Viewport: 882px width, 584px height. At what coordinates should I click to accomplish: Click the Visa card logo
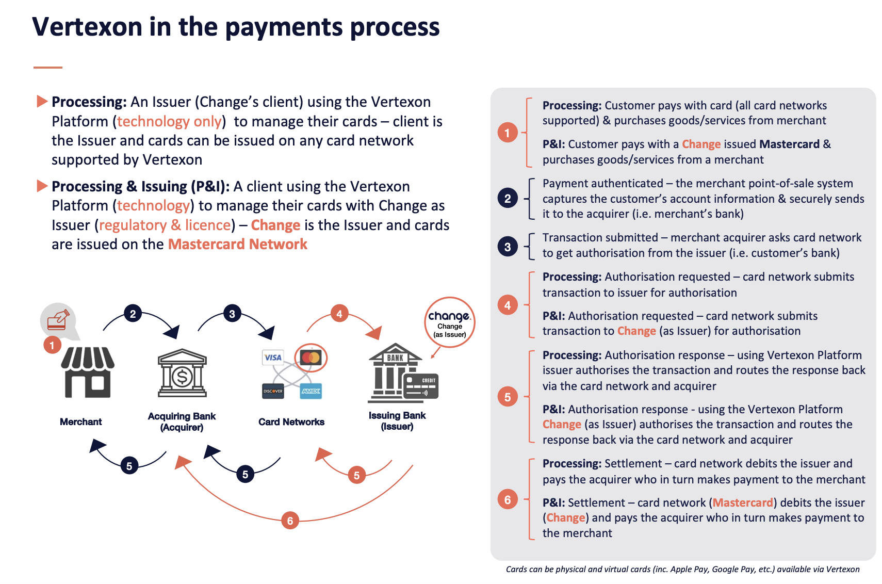[273, 357]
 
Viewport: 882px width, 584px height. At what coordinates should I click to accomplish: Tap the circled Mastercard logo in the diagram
[311, 358]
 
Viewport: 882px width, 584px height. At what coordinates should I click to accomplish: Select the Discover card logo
[273, 391]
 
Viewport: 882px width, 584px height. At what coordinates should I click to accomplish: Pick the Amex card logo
[311, 391]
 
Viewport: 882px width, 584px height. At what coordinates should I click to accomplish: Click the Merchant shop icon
[88, 372]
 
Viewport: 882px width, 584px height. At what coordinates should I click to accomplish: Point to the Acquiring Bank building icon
[182, 372]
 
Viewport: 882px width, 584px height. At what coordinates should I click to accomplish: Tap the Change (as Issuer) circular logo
[450, 322]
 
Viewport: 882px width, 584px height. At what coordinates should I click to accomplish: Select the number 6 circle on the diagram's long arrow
[290, 521]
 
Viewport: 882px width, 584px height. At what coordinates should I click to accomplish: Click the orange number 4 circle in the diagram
[339, 313]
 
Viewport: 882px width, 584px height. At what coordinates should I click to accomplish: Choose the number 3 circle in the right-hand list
[508, 247]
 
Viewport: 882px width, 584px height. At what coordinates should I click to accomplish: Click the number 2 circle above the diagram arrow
[133, 313]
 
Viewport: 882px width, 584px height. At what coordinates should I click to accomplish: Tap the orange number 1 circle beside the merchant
[52, 345]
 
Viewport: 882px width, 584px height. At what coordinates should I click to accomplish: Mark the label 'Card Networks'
[291, 422]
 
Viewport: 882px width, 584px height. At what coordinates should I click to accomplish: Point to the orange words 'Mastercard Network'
[238, 244]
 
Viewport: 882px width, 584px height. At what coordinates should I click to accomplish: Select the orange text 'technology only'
[169, 121]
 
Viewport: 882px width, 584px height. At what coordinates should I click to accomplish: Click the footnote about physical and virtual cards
[682, 569]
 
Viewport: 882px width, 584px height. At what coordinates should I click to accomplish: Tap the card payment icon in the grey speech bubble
[58, 319]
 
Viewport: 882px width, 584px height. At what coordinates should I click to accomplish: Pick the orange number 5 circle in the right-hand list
[508, 397]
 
